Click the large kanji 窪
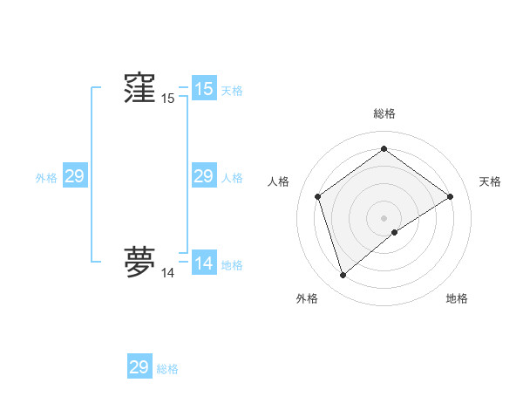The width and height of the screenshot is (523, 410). [139, 88]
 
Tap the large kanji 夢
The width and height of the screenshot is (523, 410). [139, 262]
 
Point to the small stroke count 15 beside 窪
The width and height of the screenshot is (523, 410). [167, 99]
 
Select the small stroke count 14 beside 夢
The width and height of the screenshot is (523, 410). [167, 273]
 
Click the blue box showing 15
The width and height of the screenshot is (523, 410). [203, 89]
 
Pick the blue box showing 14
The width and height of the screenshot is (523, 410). [203, 263]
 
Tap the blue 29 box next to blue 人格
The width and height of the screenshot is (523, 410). [203, 176]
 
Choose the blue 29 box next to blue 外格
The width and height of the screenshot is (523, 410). [74, 176]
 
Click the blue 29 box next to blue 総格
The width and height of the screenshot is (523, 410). [139, 367]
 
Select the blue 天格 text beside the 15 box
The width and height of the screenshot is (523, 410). [232, 91]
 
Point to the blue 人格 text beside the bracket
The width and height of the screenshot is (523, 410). [232, 178]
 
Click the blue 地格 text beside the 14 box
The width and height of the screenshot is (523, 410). [232, 265]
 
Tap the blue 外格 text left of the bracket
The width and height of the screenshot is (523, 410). [46, 178]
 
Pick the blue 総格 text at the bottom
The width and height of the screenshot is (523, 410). [167, 369]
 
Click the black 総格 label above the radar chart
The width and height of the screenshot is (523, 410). [384, 113]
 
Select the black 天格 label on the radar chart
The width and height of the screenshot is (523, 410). [490, 181]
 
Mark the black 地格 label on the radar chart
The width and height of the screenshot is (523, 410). [457, 298]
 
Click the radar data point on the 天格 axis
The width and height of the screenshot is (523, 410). [450, 196]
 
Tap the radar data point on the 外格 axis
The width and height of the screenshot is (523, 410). [343, 276]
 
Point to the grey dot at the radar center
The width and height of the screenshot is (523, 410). [384, 218]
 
